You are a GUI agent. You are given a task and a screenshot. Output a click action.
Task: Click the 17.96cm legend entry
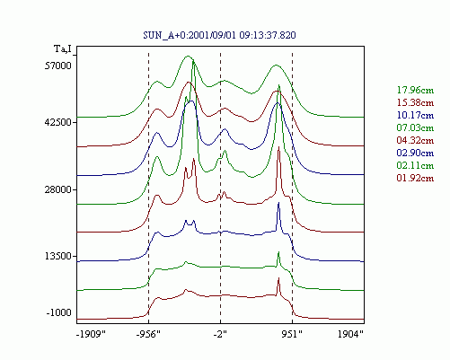pos(415,90)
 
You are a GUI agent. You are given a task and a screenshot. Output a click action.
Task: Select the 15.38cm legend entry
pos(415,102)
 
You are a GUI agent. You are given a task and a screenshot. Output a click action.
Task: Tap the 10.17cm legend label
pos(415,115)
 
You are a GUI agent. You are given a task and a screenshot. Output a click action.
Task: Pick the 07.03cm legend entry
pos(415,127)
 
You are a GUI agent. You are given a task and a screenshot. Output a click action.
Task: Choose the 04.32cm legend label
pos(415,140)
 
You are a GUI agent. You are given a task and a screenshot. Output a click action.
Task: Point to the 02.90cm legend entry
pos(415,153)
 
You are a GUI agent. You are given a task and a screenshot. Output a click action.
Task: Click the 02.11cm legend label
pos(415,165)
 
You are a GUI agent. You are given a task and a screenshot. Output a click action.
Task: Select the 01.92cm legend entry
pos(415,178)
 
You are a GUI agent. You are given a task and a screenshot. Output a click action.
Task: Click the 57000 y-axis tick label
pos(58,66)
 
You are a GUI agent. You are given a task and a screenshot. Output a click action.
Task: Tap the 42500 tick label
pos(58,122)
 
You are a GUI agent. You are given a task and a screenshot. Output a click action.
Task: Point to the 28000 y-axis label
pos(58,189)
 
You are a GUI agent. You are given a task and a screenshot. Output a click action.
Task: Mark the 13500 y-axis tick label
pos(58,257)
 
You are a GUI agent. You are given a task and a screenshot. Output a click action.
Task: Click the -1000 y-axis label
pos(59,312)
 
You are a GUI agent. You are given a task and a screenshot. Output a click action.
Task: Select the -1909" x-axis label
pos(92,334)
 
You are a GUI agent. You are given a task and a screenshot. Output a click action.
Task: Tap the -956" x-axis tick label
pos(148,334)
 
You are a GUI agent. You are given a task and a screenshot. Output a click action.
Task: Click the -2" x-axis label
pos(220,334)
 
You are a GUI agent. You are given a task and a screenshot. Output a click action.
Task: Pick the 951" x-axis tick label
pos(292,334)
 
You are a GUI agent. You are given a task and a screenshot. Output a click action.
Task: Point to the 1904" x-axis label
pos(350,334)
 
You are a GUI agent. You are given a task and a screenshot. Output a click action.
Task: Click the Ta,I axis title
pos(63,48)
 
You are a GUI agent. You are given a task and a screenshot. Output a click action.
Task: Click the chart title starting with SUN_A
pos(219,35)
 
